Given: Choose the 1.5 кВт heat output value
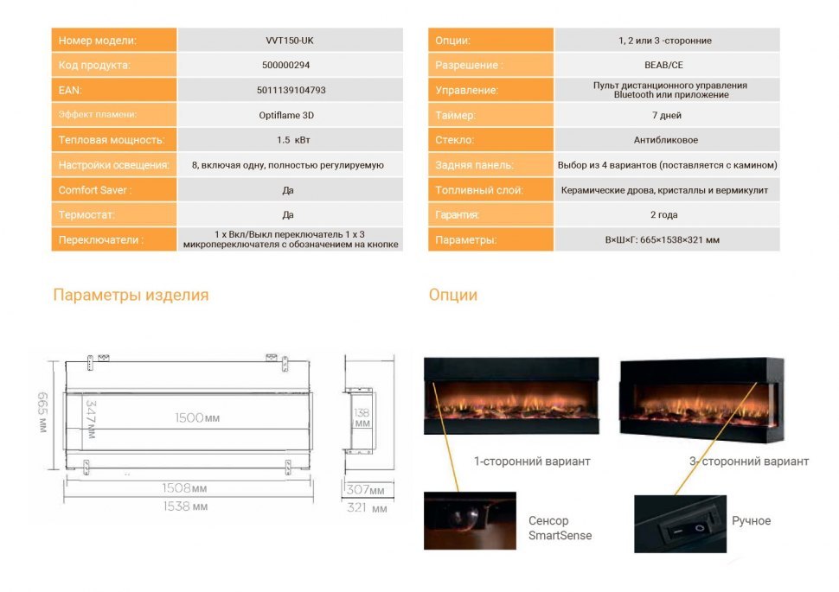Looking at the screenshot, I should point(288,140).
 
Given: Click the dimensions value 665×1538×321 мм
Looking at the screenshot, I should point(663,239).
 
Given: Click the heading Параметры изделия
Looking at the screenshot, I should point(131,295).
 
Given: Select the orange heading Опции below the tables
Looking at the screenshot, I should point(453,295).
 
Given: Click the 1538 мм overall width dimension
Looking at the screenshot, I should point(186,506).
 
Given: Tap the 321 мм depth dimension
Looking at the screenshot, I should point(368,508).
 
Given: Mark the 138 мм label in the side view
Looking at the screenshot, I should point(362,419).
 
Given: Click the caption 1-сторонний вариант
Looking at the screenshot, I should point(532,462).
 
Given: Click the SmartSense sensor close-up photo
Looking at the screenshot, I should point(470,520).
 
